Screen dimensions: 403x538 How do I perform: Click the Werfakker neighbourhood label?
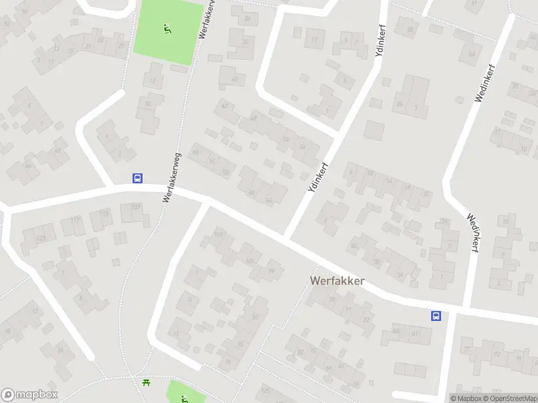click(x=337, y=281)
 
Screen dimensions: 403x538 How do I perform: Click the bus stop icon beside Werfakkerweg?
click(x=137, y=178)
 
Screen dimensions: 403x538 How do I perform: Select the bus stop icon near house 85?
click(x=436, y=316)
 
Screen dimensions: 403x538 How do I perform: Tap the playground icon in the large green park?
click(x=166, y=28)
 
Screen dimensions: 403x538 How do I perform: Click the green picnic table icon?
click(x=146, y=383)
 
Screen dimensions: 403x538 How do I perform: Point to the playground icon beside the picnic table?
click(x=184, y=398)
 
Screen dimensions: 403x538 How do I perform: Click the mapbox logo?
click(x=30, y=395)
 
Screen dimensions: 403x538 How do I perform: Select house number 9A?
click(x=472, y=53)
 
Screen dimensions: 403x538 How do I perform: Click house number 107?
click(x=217, y=234)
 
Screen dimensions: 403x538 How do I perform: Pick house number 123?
click(x=41, y=238)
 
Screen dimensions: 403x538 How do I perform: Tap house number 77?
click(x=467, y=349)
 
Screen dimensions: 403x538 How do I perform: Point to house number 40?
click(x=235, y=79)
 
